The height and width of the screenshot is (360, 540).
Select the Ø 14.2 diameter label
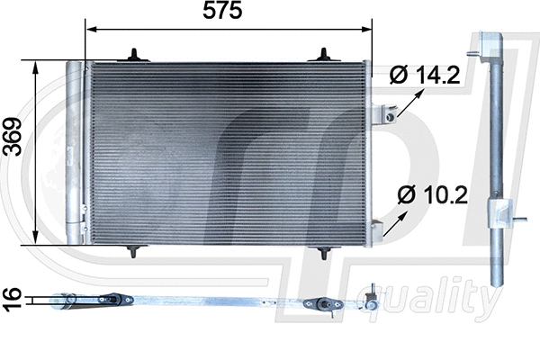425,76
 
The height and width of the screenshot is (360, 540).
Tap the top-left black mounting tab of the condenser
135,56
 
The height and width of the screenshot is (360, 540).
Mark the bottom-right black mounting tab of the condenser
323,253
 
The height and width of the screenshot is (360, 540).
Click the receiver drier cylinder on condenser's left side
75,153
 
